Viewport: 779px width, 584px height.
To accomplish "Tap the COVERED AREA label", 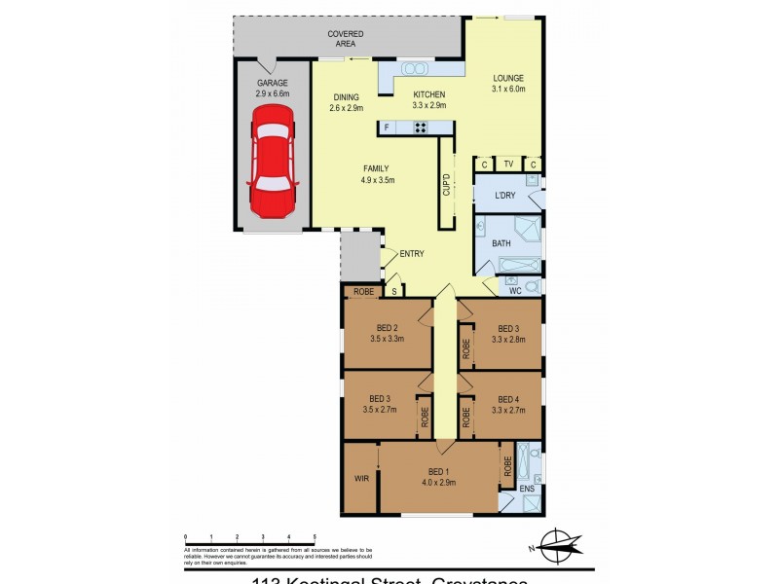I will pos(346,39).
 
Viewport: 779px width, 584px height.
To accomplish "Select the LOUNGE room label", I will pos(508,79).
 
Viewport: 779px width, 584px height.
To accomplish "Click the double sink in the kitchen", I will pos(416,69).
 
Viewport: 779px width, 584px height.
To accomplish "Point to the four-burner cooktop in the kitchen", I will pos(421,127).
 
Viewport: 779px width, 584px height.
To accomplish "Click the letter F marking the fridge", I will pos(388,128).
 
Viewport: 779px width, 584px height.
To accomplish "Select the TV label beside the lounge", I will pos(507,164).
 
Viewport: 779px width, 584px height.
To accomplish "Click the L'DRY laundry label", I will pos(504,197).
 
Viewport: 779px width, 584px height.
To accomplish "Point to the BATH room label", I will pos(501,243).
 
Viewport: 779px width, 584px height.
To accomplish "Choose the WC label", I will pos(515,289).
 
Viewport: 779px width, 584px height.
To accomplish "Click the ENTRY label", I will pos(411,254).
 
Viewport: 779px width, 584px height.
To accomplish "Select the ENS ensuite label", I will pos(526,488).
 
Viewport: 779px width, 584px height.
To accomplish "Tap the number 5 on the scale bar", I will pos(315,536).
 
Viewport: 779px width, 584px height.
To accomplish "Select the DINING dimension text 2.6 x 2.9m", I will pos(347,108).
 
